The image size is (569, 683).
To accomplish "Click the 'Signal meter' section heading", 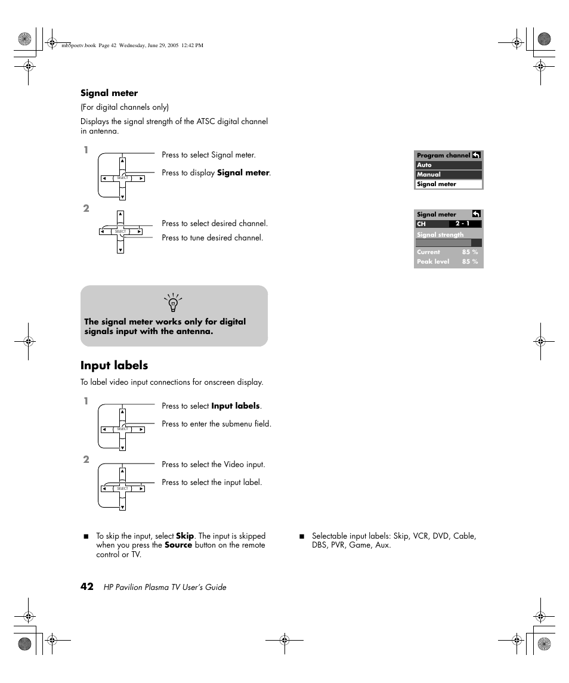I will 109,93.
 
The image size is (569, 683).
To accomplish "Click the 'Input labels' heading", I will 114,365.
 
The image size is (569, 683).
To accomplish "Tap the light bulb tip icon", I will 174,302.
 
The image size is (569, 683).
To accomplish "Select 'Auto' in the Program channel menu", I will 449,165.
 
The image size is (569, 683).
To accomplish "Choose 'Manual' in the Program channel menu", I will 449,175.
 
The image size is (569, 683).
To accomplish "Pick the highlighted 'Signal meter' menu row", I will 449,184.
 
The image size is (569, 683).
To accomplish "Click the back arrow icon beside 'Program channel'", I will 477,155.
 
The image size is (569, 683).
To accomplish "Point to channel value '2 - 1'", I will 462,224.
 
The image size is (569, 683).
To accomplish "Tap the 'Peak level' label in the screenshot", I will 433,261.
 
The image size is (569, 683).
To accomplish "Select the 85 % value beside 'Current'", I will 470,252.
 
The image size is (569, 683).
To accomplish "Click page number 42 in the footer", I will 87,587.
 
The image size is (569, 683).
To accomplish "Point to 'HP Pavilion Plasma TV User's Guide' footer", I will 165,588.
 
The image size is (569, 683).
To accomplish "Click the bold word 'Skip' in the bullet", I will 185,536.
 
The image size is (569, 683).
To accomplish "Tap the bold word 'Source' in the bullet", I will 178,545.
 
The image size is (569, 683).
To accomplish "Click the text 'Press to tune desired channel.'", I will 212,237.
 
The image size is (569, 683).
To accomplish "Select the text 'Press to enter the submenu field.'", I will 217,424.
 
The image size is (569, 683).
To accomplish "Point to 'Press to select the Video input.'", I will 213,464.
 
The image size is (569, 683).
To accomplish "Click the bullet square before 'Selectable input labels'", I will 302,536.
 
